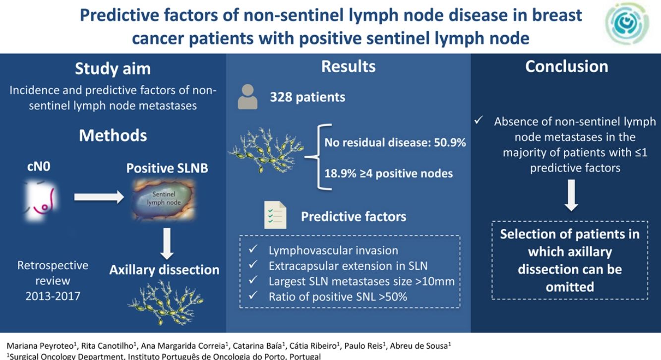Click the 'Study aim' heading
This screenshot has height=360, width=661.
[113, 69]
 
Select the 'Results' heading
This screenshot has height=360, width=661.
[349, 66]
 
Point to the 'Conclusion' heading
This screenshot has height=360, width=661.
[567, 66]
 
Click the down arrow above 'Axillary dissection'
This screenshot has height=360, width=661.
[168, 244]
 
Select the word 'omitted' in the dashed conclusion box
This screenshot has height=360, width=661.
[570, 287]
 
